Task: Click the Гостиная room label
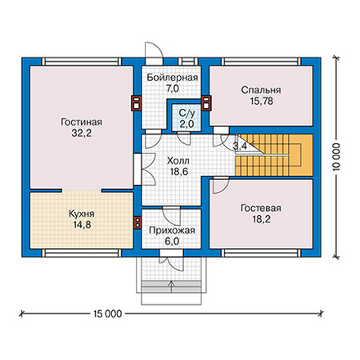(81, 122)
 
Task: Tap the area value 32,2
(82, 133)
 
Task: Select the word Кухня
(82, 214)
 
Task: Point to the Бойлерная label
(173, 78)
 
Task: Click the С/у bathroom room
(187, 119)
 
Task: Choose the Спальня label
(261, 90)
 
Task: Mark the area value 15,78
(262, 101)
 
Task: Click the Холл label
(178, 160)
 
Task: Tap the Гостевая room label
(261, 208)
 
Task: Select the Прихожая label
(172, 231)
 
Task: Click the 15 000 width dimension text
(108, 314)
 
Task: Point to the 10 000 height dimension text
(337, 157)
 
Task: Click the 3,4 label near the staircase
(240, 146)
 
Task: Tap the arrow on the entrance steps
(172, 286)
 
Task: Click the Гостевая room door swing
(221, 186)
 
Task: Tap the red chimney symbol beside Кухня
(137, 222)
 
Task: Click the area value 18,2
(262, 219)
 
